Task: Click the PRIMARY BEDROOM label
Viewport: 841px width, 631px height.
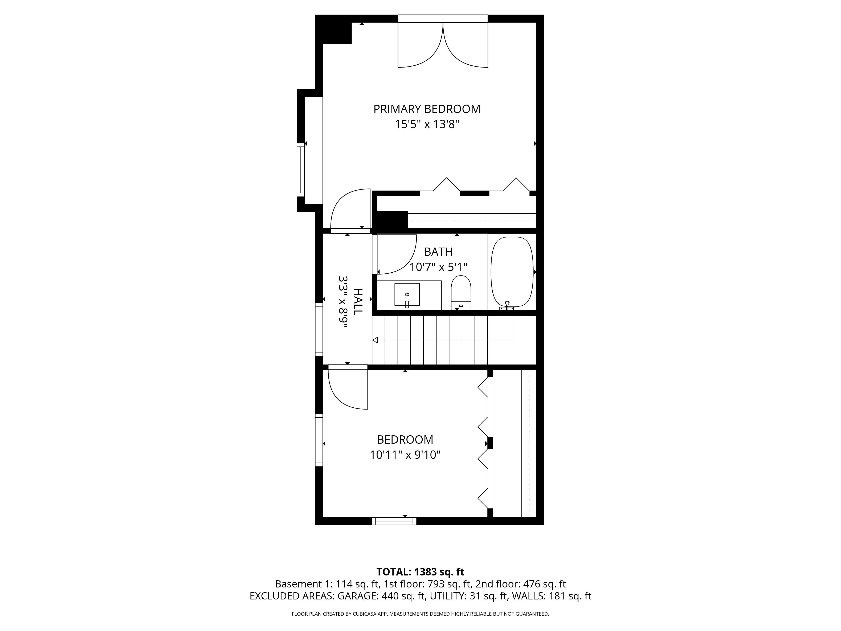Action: [427, 109]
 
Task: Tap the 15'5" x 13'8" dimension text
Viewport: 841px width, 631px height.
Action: [427, 124]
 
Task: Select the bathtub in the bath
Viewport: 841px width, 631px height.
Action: [512, 272]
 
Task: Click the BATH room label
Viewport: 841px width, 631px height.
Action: [438, 252]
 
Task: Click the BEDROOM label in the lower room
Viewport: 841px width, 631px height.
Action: [405, 440]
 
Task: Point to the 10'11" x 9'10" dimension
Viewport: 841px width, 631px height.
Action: [405, 455]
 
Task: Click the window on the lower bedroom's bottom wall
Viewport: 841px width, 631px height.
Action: [394, 521]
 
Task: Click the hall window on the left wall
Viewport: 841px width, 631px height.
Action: [319, 329]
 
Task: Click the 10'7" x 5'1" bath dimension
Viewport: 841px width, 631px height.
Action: [438, 267]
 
